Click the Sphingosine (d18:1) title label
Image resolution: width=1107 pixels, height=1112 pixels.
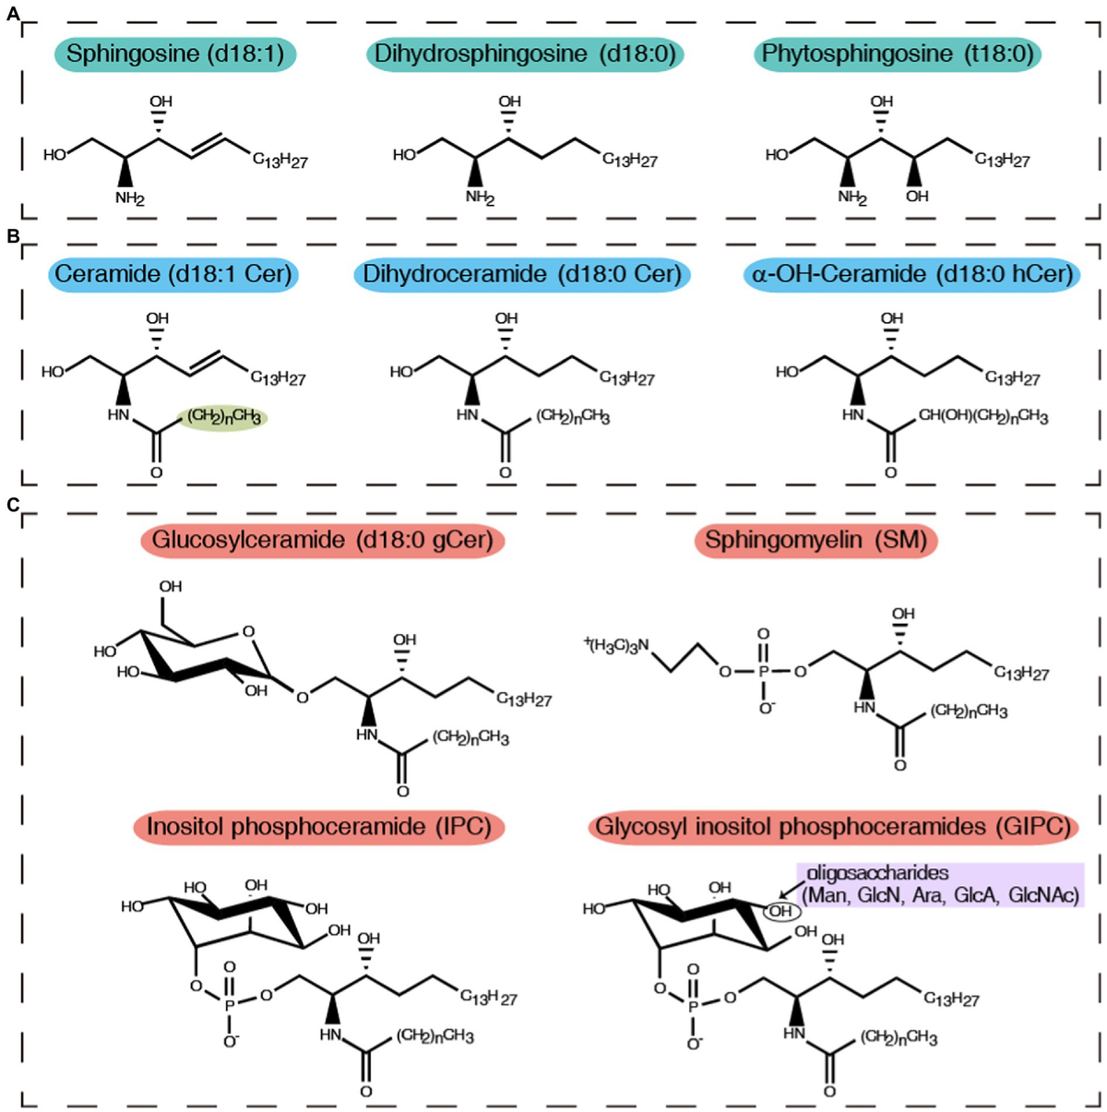173,54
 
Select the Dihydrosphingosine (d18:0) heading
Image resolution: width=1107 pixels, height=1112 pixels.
525,54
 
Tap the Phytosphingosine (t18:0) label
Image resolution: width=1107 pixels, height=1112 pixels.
898,54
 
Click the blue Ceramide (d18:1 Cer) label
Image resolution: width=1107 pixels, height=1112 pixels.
173,274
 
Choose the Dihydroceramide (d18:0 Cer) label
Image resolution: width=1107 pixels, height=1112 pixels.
522,274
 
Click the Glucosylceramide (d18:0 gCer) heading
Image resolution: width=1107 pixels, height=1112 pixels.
322,539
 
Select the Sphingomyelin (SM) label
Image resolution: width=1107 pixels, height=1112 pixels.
815,539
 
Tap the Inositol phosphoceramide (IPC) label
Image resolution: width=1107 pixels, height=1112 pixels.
318,826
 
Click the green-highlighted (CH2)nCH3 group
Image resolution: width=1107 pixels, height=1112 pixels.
223,417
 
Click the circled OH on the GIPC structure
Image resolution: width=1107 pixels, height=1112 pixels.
781,912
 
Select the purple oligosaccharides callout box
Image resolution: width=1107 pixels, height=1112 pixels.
941,884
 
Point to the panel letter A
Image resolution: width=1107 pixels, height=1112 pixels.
12,14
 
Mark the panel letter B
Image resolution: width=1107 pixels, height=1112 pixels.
12,237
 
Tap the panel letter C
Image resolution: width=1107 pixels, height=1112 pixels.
12,505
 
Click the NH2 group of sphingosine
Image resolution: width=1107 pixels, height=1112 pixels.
130,197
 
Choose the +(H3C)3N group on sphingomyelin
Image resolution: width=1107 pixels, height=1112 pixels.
616,645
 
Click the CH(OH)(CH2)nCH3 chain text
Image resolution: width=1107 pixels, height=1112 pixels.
982,417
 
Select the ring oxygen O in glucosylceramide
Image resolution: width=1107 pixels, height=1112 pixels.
247,632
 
